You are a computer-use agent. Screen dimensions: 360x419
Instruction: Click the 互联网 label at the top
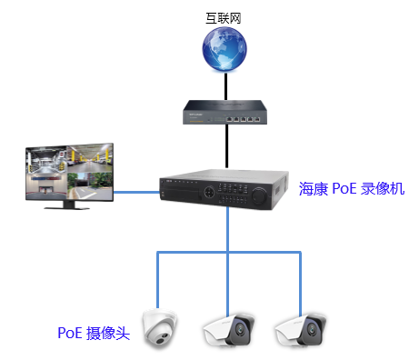pos(224,16)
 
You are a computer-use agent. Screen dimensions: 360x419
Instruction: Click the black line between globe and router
pos(224,86)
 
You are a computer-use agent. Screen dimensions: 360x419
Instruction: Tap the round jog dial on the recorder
pos(258,194)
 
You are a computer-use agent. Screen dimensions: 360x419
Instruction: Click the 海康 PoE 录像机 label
pos(351,189)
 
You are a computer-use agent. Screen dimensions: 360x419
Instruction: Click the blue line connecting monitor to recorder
pos(136,192)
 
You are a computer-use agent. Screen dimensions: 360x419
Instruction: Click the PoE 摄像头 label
pos(94,333)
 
